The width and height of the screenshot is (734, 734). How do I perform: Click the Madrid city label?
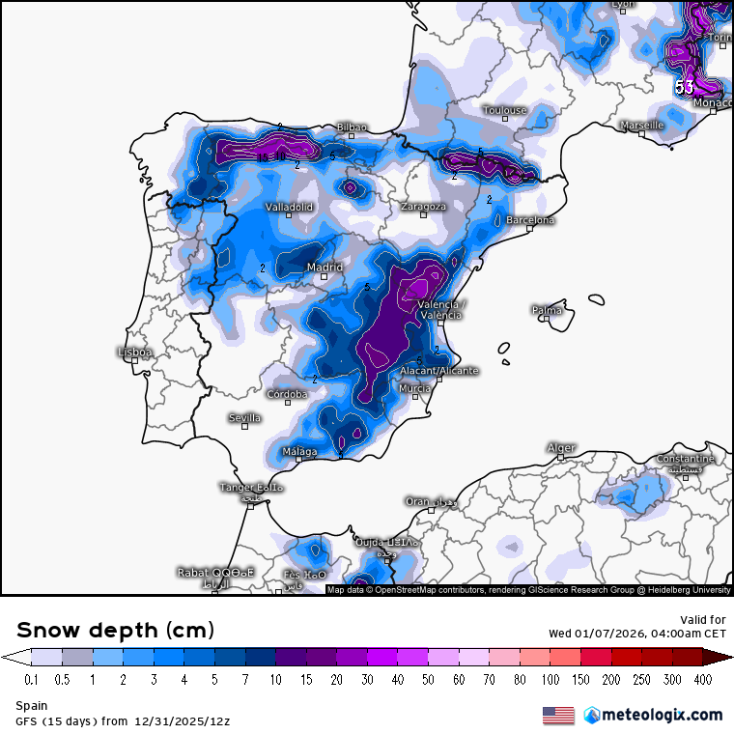[x=325, y=268]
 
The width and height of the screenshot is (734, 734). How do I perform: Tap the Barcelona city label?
[x=530, y=220]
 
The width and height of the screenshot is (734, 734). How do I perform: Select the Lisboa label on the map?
[x=134, y=353]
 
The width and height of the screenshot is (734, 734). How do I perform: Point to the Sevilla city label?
[x=244, y=417]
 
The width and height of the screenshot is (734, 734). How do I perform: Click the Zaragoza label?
[x=424, y=207]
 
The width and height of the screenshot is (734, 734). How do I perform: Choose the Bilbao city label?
[x=352, y=127]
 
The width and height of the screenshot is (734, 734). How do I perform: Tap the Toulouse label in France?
[x=505, y=110]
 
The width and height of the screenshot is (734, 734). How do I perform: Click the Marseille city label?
[x=641, y=126]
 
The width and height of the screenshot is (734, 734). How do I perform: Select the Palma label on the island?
[x=547, y=310]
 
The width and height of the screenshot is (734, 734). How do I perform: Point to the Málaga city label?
[x=300, y=451]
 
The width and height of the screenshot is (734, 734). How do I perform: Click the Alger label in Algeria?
[x=561, y=447]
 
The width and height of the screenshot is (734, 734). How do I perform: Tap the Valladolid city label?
[x=289, y=207]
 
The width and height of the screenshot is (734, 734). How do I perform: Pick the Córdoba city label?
[x=288, y=394]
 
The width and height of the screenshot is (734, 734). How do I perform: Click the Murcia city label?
[x=414, y=388]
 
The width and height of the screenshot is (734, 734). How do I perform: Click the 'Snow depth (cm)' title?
[x=115, y=630]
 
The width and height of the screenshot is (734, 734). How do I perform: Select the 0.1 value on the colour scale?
[x=31, y=679]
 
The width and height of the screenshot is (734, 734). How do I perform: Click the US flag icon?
[x=558, y=716]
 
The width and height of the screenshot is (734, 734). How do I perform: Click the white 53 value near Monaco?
[x=684, y=87]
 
